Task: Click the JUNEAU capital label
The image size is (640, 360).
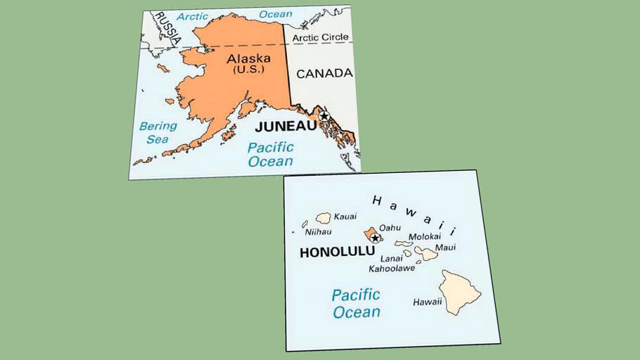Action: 286,127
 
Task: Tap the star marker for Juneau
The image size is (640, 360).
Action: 324,116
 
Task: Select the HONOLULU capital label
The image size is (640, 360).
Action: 334,253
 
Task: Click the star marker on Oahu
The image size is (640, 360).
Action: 375,238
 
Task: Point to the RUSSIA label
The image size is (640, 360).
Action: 167,26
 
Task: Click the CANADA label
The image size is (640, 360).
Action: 324,73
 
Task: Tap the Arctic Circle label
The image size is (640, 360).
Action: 321,37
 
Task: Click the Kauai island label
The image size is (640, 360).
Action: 345,216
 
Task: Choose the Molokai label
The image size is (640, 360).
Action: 424,237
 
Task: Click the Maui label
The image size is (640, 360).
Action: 445,247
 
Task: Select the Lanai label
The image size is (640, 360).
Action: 391,258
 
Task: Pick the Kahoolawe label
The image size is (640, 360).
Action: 392,268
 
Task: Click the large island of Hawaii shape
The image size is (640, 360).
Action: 461,288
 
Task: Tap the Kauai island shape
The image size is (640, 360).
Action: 324,219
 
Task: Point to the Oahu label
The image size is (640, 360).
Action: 390,227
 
